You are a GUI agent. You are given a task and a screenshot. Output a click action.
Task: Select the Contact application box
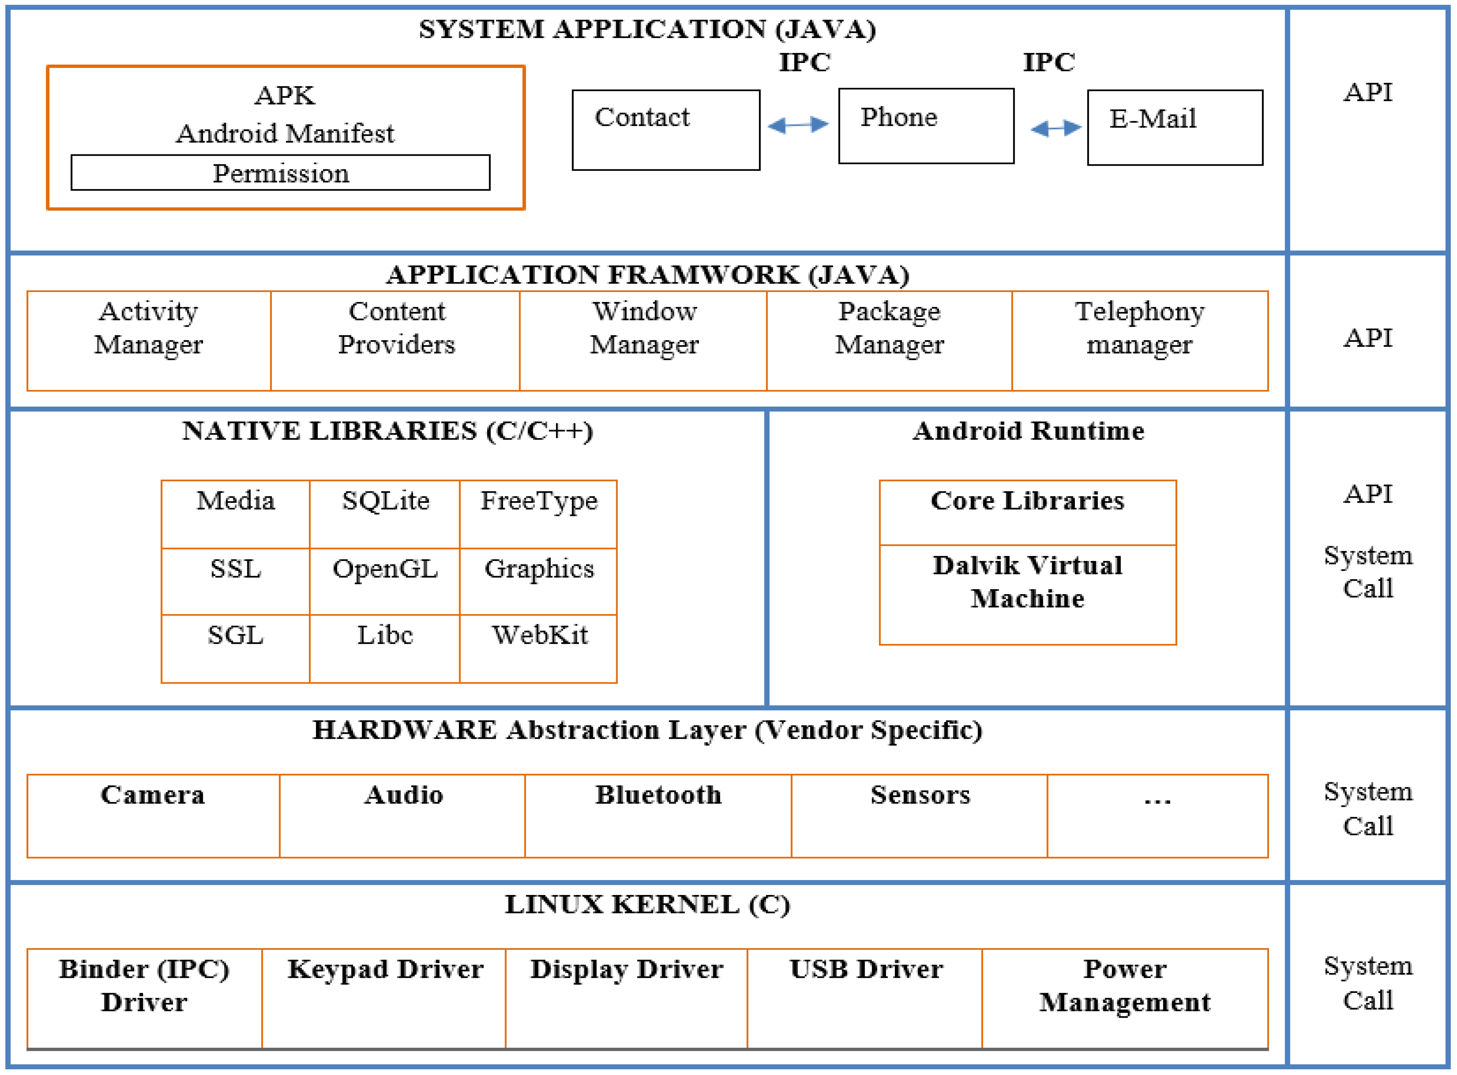[666, 130]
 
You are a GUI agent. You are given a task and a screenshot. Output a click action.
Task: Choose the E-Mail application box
[1175, 128]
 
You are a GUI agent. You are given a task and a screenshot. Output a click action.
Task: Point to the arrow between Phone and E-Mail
[1056, 128]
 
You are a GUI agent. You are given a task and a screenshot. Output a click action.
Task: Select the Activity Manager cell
[149, 341]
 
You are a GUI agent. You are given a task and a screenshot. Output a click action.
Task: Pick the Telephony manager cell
[1139, 341]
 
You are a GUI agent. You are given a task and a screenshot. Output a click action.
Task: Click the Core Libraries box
[1028, 513]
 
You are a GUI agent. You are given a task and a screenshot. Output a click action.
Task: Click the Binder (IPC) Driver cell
[144, 998]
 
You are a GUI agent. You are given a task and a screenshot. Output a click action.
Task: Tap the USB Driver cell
[865, 998]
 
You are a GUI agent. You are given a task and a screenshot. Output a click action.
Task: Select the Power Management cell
[1124, 998]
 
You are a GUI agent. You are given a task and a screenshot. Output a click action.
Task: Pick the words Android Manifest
[285, 133]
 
